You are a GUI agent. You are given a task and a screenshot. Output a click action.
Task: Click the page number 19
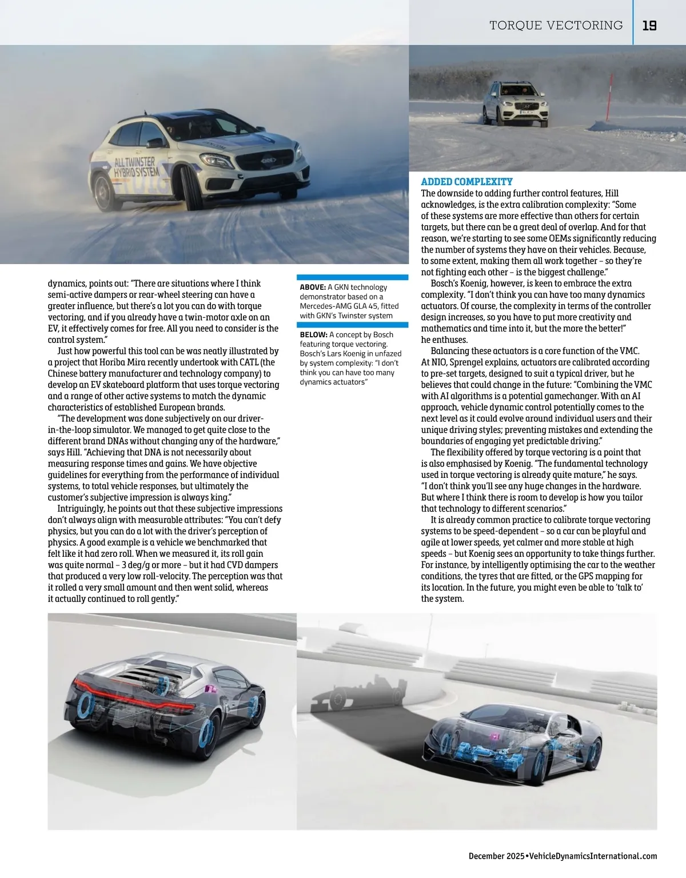point(649,26)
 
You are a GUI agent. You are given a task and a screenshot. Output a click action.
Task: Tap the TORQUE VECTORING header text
point(556,26)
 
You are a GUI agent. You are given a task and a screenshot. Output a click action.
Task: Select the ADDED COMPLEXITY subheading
point(466,182)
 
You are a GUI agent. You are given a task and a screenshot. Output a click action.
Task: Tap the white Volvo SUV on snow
point(514,103)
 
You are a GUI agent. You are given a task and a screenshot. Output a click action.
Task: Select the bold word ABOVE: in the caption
point(313,287)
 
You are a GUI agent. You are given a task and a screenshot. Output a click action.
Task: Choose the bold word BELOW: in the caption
point(313,334)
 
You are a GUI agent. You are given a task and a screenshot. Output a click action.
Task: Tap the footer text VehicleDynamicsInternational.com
point(593,856)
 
